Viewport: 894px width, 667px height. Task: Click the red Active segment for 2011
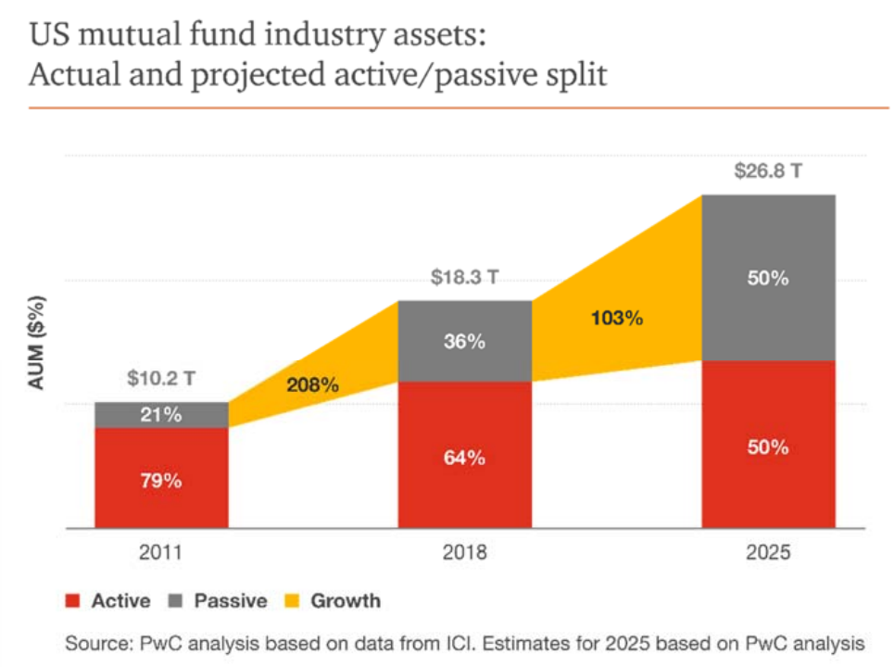tap(161, 478)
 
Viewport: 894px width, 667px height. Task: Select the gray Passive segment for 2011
tap(161, 415)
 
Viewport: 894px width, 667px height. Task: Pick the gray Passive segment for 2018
tap(464, 341)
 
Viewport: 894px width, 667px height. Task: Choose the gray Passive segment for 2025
tap(768, 278)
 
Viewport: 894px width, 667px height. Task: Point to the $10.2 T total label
tap(161, 378)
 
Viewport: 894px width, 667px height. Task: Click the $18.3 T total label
tap(464, 278)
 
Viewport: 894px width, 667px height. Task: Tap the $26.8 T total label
tap(768, 172)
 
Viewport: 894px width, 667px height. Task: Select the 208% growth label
tap(311, 384)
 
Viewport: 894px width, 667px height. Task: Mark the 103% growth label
tap(616, 318)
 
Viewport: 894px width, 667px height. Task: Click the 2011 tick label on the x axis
tap(161, 553)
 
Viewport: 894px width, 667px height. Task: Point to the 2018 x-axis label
tap(464, 553)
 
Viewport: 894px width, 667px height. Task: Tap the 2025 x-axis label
tap(768, 553)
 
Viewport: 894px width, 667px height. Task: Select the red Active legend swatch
tap(74, 601)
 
